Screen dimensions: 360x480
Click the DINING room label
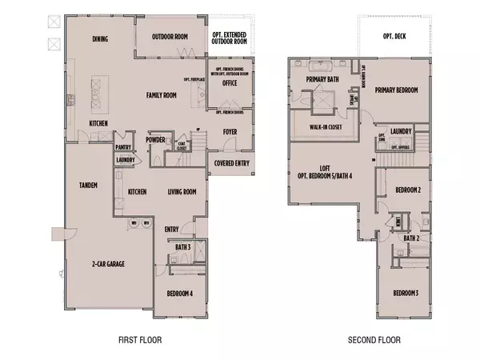point(100,38)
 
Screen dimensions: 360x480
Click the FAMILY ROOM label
point(161,95)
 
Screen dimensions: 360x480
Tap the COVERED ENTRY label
point(230,162)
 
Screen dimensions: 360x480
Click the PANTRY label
point(122,147)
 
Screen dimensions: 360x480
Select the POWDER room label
point(155,140)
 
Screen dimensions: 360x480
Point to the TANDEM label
point(88,186)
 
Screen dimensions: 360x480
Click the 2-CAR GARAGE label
point(108,263)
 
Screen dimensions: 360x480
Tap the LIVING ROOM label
point(182,192)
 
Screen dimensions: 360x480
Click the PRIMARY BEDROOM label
point(396,90)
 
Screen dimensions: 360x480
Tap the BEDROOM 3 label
point(406,293)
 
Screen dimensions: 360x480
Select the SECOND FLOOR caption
point(374,340)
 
